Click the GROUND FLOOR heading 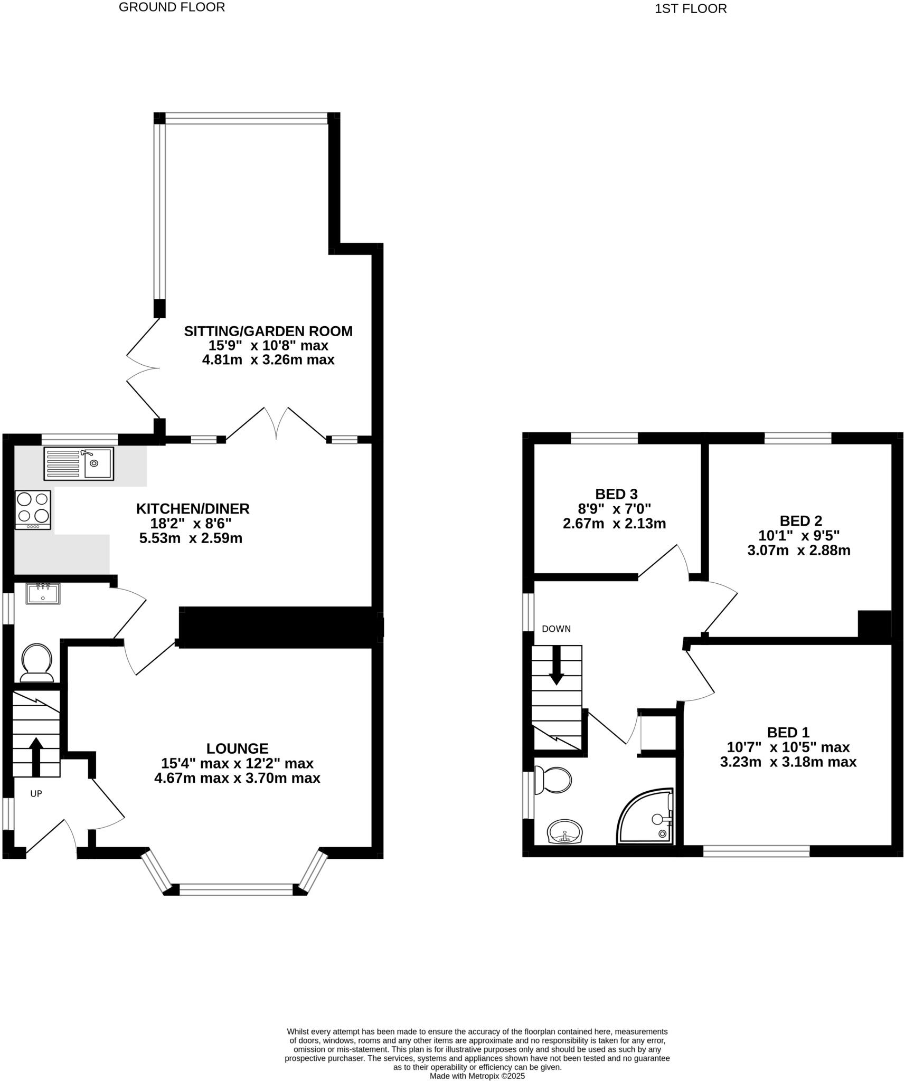(x=172, y=7)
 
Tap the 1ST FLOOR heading (x=690, y=9)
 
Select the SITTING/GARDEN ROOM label (x=268, y=331)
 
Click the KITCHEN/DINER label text (x=193, y=509)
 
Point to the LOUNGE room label (x=237, y=748)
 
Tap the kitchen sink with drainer (x=79, y=463)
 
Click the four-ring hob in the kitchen (x=33, y=509)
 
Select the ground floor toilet (x=37, y=662)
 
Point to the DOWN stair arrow (x=556, y=666)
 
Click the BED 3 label (x=616, y=494)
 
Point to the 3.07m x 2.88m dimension (x=798, y=551)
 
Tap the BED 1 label (x=788, y=733)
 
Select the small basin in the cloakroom (x=43, y=594)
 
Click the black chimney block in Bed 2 (x=874, y=624)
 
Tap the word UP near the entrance (x=36, y=794)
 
